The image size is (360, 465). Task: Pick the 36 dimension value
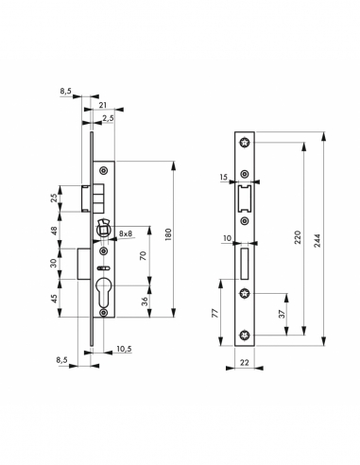click(142, 301)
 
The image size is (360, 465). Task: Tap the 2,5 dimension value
click(111, 118)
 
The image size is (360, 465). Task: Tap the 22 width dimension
click(244, 360)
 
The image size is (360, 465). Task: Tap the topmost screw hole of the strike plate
click(244, 144)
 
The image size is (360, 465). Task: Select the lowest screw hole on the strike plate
click(244, 332)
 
